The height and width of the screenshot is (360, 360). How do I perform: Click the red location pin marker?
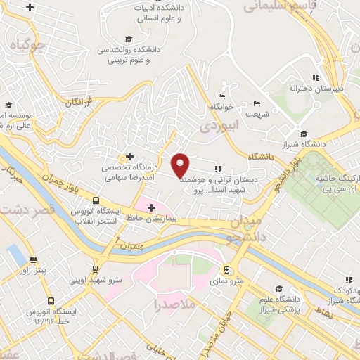pos(180,165)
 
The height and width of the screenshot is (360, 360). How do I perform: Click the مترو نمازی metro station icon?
pos(226,270)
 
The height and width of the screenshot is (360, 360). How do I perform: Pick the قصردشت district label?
pos(28,209)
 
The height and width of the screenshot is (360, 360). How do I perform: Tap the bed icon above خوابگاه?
pos(222,96)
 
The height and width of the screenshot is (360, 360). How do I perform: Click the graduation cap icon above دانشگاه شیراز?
pos(303,134)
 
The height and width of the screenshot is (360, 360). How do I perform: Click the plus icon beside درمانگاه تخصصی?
pos(129,156)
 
